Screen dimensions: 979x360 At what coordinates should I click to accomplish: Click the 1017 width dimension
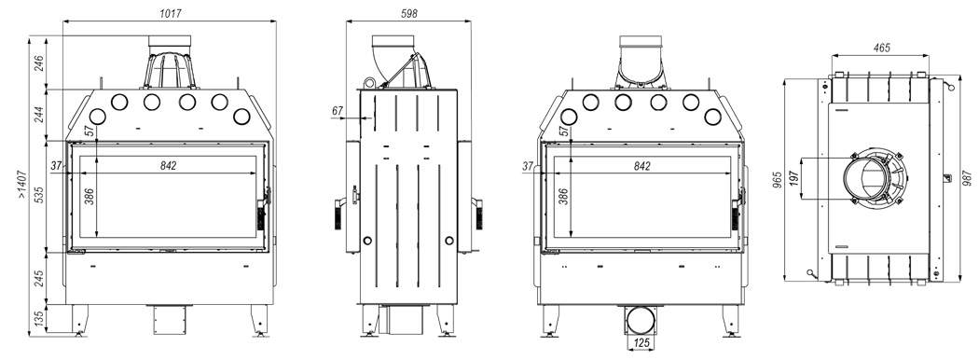tap(170, 13)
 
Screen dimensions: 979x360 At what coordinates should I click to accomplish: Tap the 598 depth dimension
tap(409, 13)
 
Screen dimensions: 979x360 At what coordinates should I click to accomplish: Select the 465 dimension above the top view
tap(881, 48)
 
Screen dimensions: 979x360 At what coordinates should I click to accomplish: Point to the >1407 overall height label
tap(21, 185)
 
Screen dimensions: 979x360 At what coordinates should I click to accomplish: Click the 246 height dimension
tap(38, 64)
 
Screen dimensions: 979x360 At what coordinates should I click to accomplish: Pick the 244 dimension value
tap(38, 115)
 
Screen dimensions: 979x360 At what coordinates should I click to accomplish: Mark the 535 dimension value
tap(38, 195)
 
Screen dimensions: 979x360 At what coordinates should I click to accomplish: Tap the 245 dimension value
tap(38, 278)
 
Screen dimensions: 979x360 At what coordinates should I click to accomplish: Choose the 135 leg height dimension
tap(38, 319)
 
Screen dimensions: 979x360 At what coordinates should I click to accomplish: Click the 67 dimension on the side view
tap(338, 110)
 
